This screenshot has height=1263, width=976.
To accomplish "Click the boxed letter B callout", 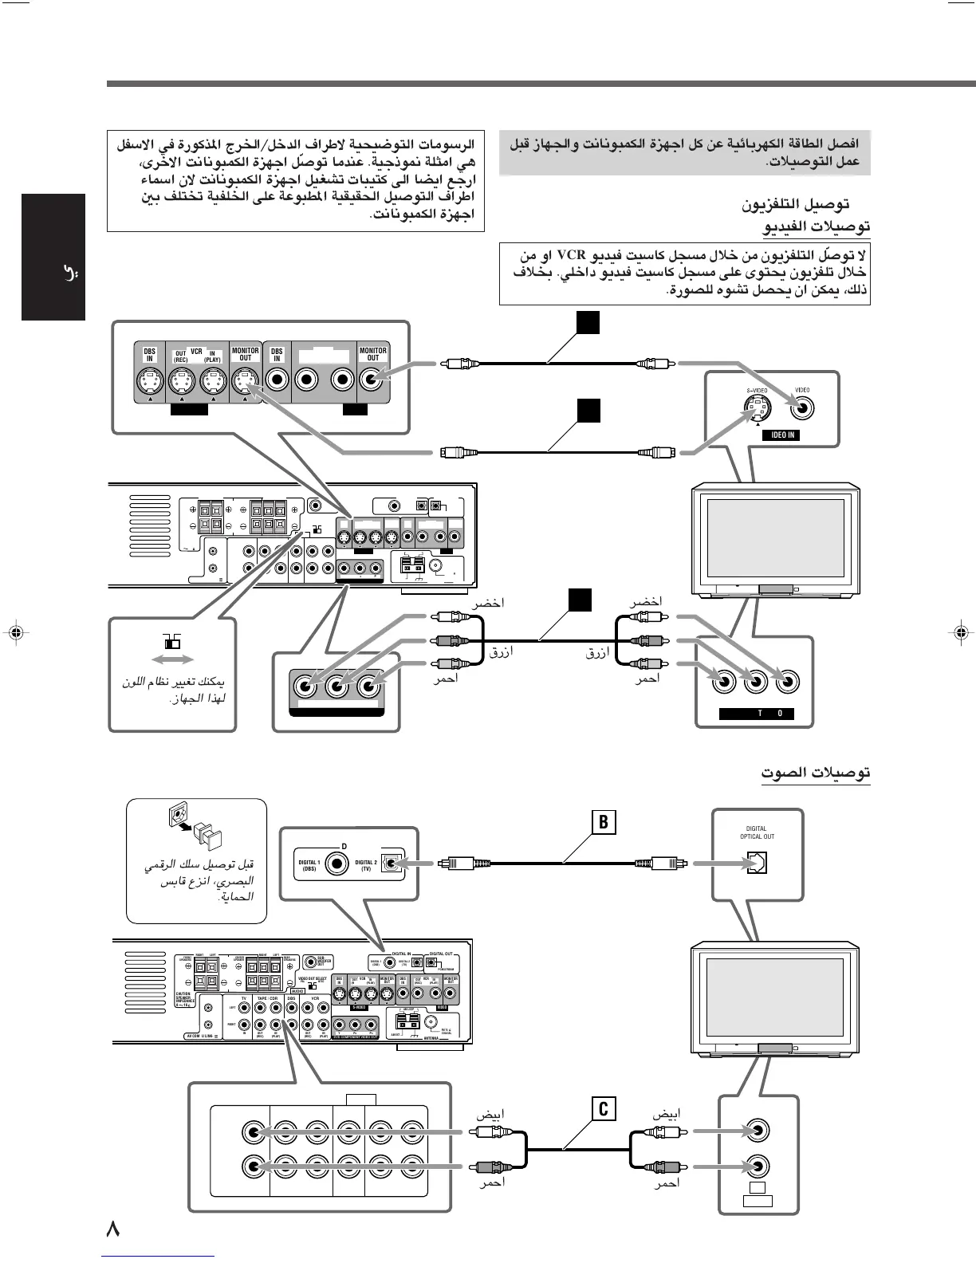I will click(x=604, y=822).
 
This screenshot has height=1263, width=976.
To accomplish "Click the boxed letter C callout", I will click(x=604, y=1109).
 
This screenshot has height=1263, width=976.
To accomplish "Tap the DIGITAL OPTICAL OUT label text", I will click(x=757, y=832).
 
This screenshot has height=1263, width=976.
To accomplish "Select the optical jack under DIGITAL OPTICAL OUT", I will click(x=757, y=864).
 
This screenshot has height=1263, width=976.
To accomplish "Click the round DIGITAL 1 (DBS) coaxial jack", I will click(x=340, y=863).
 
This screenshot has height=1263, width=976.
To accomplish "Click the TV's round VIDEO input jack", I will click(x=802, y=408).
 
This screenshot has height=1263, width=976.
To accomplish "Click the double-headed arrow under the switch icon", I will click(x=172, y=659).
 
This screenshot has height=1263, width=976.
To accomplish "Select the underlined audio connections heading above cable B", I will click(x=814, y=772).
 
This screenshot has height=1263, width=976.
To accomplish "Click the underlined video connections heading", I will click(x=816, y=227).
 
